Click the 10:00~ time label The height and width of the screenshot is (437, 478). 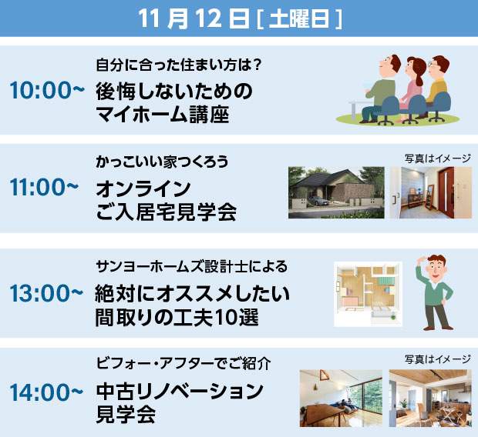tap(47, 90)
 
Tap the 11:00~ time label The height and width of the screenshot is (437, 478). tap(44, 187)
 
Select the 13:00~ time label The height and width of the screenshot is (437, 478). tap(46, 293)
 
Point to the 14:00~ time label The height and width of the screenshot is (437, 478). tap(46, 392)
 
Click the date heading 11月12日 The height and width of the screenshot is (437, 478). tap(194, 18)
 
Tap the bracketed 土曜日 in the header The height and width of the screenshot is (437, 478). tap(300, 19)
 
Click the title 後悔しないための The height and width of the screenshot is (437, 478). tap(174, 92)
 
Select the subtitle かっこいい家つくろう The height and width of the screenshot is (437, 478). tap(162, 162)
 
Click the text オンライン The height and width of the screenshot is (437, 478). tap(143, 188)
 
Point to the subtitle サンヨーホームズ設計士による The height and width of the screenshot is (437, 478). tap(192, 266)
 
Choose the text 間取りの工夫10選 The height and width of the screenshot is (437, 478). tap(177, 318)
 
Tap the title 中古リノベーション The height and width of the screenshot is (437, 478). tap(180, 392)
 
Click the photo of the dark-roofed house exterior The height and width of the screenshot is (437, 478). tap(336, 192)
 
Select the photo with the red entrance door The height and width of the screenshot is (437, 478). tap(431, 192)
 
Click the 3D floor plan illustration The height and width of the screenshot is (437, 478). tap(368, 294)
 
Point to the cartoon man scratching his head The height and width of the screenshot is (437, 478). tap(435, 292)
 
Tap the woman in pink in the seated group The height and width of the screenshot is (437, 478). tap(412, 88)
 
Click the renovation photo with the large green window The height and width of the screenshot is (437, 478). tap(341, 398)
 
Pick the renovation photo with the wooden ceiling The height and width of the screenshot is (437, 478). tap(430, 398)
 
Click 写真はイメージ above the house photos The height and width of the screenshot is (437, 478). tap(438, 158)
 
